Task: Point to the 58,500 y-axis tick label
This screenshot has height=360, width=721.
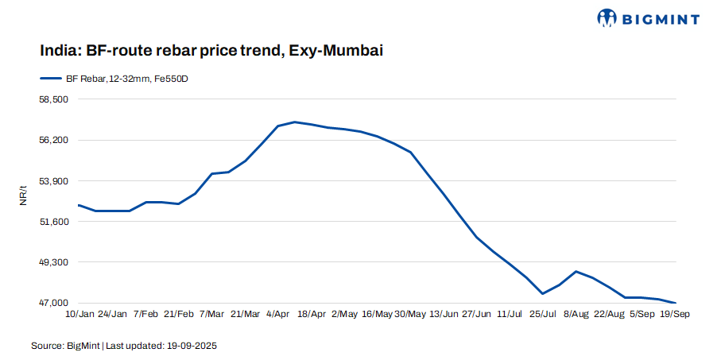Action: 54,99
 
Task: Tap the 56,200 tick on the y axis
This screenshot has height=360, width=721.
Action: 54,140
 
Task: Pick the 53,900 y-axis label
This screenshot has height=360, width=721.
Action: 54,181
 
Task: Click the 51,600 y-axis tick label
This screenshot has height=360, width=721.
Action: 54,222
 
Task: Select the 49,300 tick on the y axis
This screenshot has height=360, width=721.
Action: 54,262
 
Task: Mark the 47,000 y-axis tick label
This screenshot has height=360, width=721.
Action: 54,303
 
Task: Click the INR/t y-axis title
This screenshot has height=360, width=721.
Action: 24,195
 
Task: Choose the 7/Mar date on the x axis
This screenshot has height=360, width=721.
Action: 211,315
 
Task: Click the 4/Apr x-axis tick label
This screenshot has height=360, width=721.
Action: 277,315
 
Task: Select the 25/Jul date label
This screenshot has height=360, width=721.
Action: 543,315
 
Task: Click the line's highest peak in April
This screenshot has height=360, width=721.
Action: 295,122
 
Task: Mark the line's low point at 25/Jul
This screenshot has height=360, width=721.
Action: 543,294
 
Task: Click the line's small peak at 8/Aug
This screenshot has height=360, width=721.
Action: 576,271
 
